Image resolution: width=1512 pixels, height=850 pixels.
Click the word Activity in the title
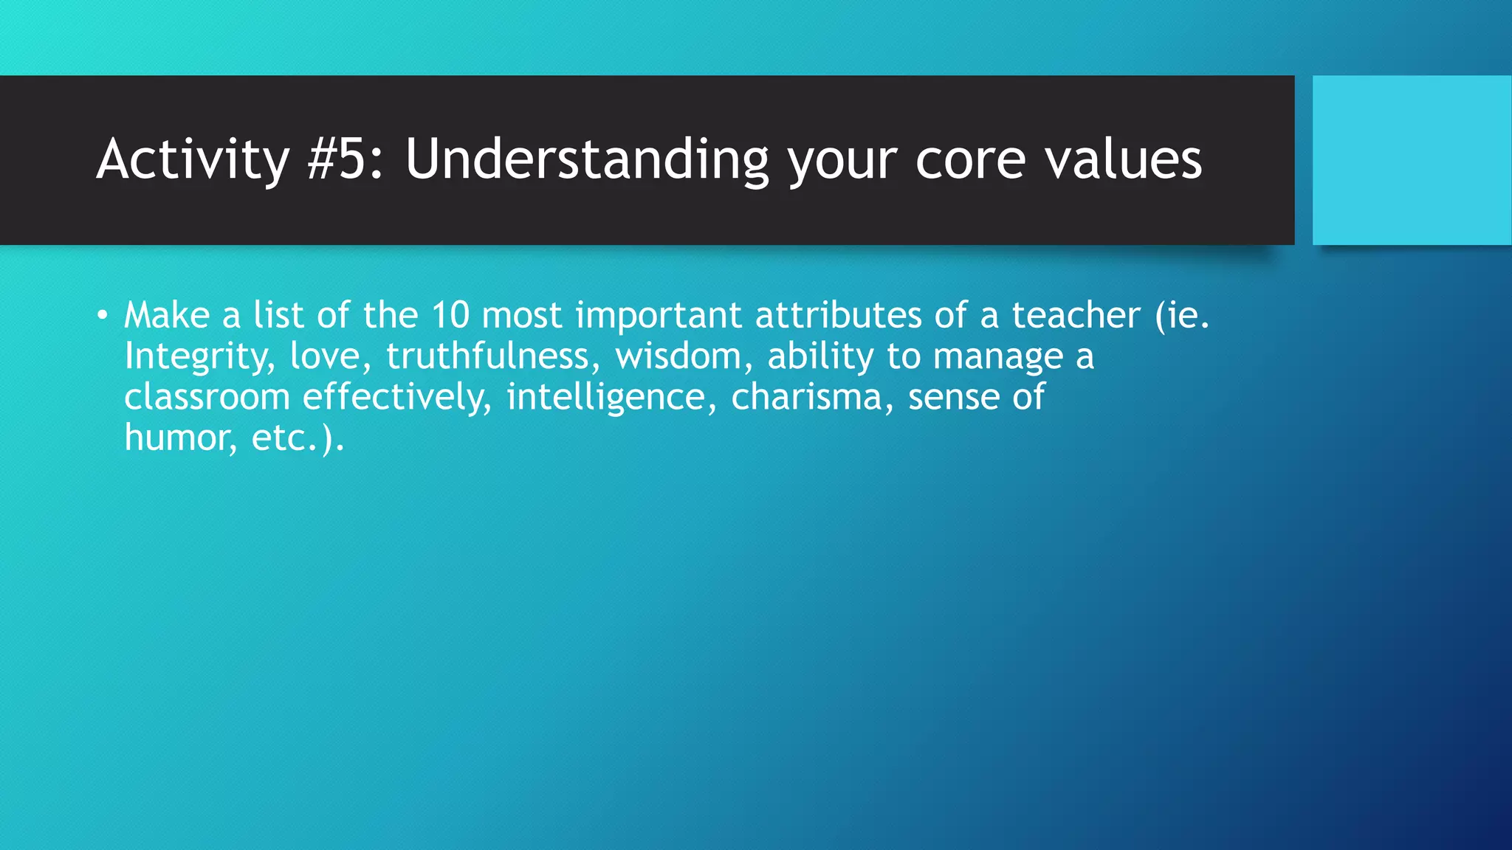pos(193,159)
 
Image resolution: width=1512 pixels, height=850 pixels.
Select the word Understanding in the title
pos(586,159)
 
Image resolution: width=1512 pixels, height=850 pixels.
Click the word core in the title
pos(970,159)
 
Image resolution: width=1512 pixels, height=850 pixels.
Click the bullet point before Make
pos(103,317)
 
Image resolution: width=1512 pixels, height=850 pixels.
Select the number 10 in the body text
pos(450,316)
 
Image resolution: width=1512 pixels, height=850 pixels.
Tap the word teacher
pos(1076,316)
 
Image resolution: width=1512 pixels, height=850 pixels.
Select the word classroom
pos(207,398)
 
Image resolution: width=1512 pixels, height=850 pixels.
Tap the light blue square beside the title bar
pos(1412,159)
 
